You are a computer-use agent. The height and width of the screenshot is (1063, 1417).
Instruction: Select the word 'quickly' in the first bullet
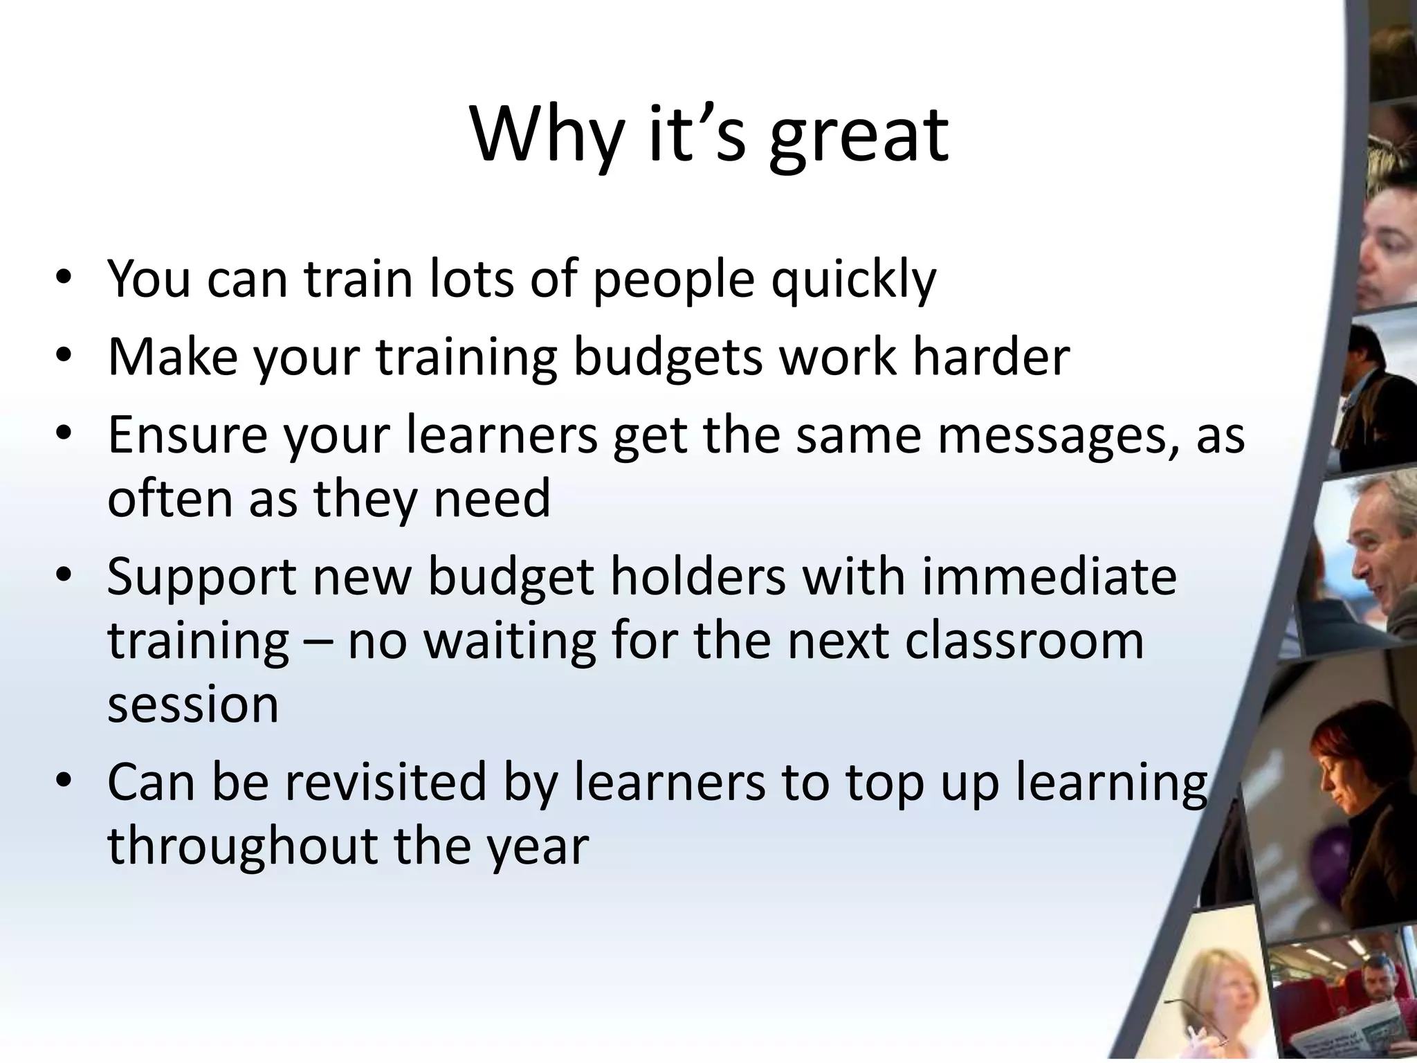854,280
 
